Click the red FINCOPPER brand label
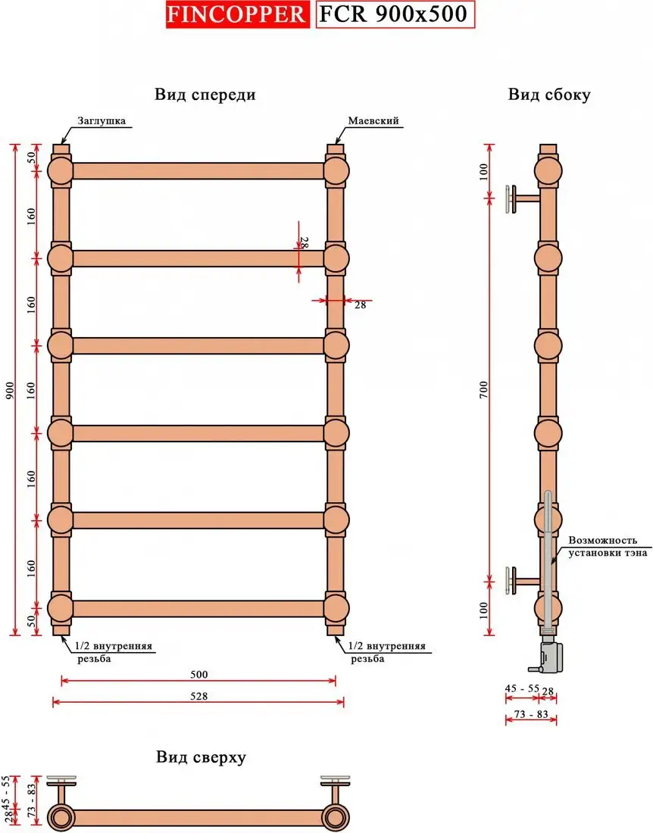pyautogui.click(x=237, y=14)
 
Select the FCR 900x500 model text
pyautogui.click(x=394, y=14)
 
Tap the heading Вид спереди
pyautogui.click(x=205, y=95)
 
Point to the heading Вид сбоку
pyautogui.click(x=548, y=95)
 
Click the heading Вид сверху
pyautogui.click(x=201, y=757)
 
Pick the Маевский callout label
pyautogui.click(x=373, y=120)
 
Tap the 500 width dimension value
pyautogui.click(x=198, y=674)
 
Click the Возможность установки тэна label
pyautogui.click(x=602, y=548)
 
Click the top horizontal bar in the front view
pyautogui.click(x=198, y=171)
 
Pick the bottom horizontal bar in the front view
pyautogui.click(x=198, y=608)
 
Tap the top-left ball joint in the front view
pyautogui.click(x=61, y=171)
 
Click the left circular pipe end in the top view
pyautogui.click(x=61, y=817)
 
